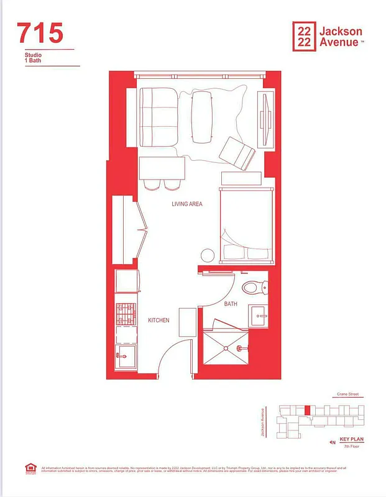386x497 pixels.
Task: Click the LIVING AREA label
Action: point(186,204)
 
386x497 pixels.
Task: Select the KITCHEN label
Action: point(159,320)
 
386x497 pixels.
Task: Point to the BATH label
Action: point(231,304)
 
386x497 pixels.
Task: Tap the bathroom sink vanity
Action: point(262,316)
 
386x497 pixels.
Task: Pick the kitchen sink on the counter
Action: point(125,359)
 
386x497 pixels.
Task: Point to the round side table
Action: point(207,255)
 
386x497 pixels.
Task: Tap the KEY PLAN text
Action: point(351,439)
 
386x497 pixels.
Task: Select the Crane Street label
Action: point(348,394)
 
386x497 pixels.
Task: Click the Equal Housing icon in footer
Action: point(29,467)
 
